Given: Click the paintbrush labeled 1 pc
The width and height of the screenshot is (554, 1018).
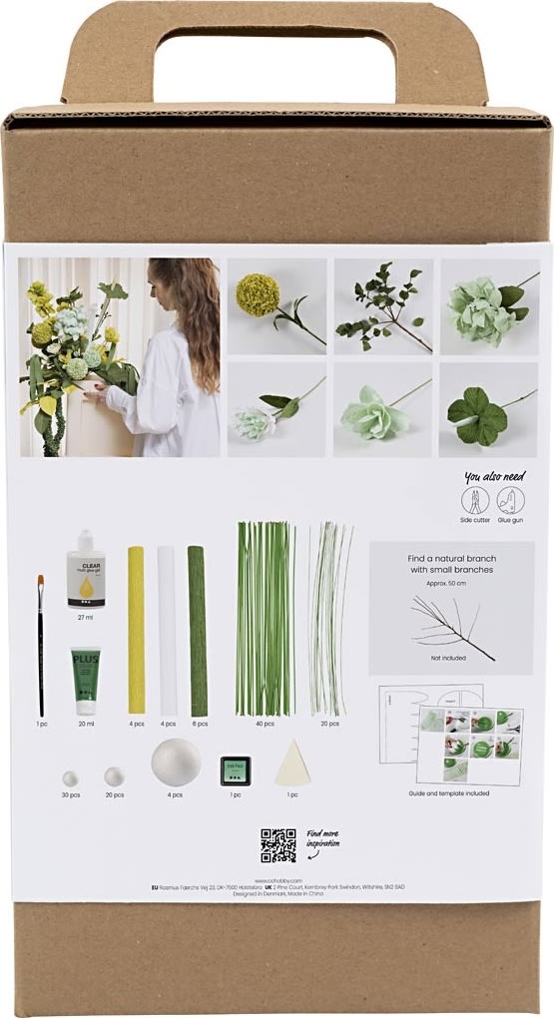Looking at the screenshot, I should tap(41, 644).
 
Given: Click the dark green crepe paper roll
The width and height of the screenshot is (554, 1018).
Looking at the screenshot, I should tap(198, 631).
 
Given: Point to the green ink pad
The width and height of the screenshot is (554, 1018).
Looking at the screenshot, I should tap(236, 770).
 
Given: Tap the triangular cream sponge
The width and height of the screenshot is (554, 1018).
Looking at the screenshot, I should tap(292, 764).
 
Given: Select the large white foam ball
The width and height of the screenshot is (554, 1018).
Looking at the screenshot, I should tap(176, 763).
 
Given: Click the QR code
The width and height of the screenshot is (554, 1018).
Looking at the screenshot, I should tap(278, 844).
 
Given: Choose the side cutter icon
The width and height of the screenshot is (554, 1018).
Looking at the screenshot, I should tap(475, 501).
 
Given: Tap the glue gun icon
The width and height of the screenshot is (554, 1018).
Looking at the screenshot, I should tap(511, 501).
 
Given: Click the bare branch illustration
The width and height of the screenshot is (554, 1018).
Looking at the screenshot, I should tap(451, 627).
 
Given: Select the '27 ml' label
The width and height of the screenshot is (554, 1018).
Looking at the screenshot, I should tap(86, 618).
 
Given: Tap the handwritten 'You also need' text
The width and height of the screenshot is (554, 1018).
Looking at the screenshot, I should tap(493, 478).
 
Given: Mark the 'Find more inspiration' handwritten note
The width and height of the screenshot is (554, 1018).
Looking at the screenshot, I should tap(322, 838).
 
